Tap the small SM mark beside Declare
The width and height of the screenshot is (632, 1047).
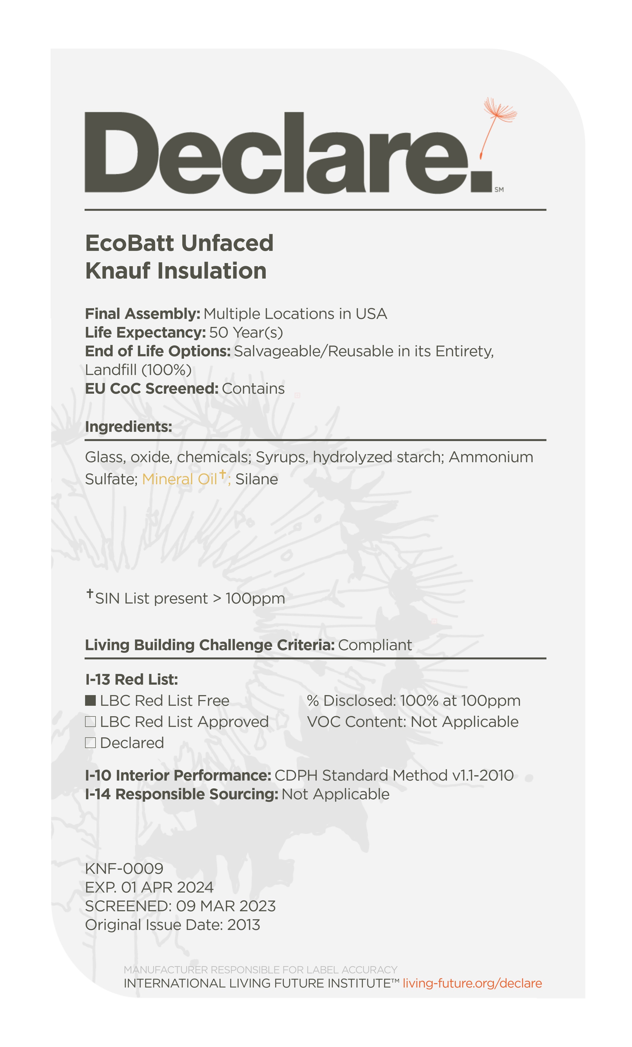click(x=499, y=189)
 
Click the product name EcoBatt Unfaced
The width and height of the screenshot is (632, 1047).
click(x=179, y=243)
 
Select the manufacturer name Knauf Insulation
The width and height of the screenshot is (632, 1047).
click(x=176, y=271)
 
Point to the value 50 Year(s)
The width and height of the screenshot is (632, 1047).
click(x=246, y=332)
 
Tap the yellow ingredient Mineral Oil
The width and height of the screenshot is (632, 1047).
click(x=179, y=479)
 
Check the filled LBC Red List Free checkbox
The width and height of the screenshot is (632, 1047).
click(x=90, y=701)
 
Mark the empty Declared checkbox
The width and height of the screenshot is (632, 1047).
click(x=90, y=743)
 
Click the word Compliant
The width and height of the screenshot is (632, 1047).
click(x=375, y=645)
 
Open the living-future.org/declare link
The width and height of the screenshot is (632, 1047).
click(x=472, y=983)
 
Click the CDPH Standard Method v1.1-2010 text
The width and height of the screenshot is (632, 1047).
click(x=394, y=775)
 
